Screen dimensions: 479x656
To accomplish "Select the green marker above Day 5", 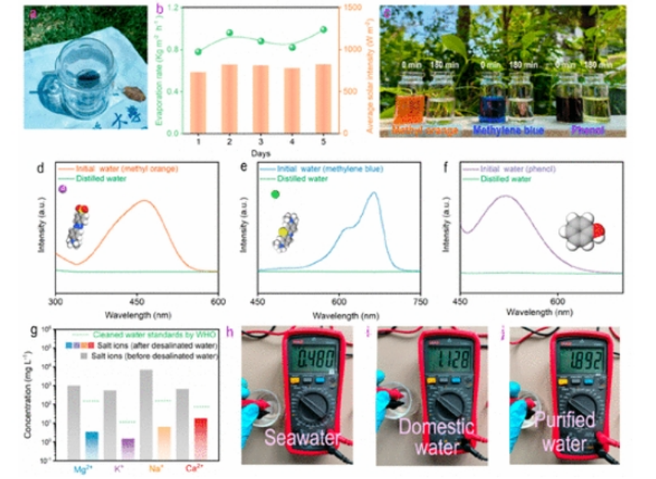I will tap(323, 29).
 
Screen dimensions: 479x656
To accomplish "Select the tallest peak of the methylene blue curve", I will tap(374, 192).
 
